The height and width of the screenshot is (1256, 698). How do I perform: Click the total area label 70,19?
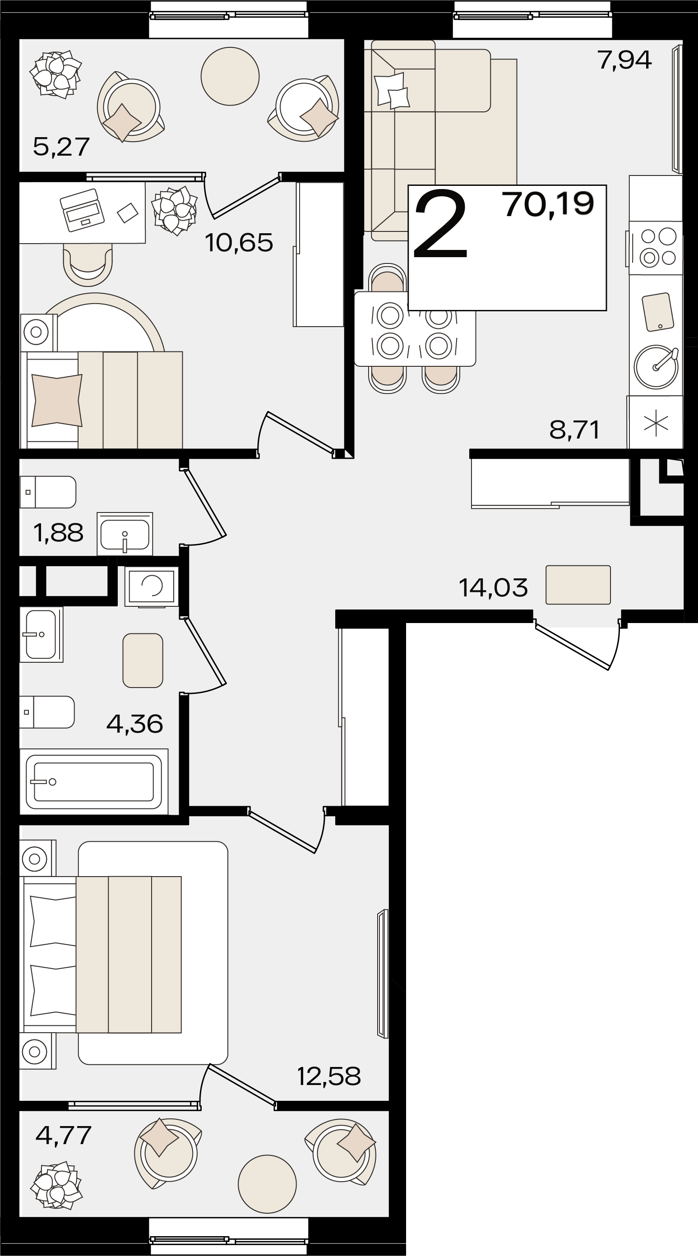click(x=549, y=204)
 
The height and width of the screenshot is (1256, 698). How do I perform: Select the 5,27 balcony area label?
click(x=61, y=147)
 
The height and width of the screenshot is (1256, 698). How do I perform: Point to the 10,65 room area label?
click(x=239, y=242)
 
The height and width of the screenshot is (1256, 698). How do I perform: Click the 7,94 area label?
click(x=624, y=60)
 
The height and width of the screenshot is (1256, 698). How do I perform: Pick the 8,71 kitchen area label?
click(x=574, y=429)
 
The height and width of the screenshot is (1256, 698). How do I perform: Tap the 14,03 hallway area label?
click(x=493, y=587)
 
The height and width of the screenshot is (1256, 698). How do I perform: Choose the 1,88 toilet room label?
click(x=59, y=533)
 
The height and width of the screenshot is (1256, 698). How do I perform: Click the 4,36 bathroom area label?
click(x=134, y=724)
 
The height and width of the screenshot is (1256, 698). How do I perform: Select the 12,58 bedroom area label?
click(x=329, y=1076)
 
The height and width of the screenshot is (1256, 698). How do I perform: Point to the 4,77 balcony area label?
click(x=64, y=1135)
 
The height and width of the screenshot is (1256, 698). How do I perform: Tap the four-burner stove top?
click(x=656, y=248)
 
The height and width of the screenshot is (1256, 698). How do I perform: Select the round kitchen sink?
click(x=656, y=367)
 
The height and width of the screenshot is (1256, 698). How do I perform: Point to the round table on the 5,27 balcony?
click(x=230, y=76)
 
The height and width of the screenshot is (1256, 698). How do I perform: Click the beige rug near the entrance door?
click(x=578, y=585)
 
